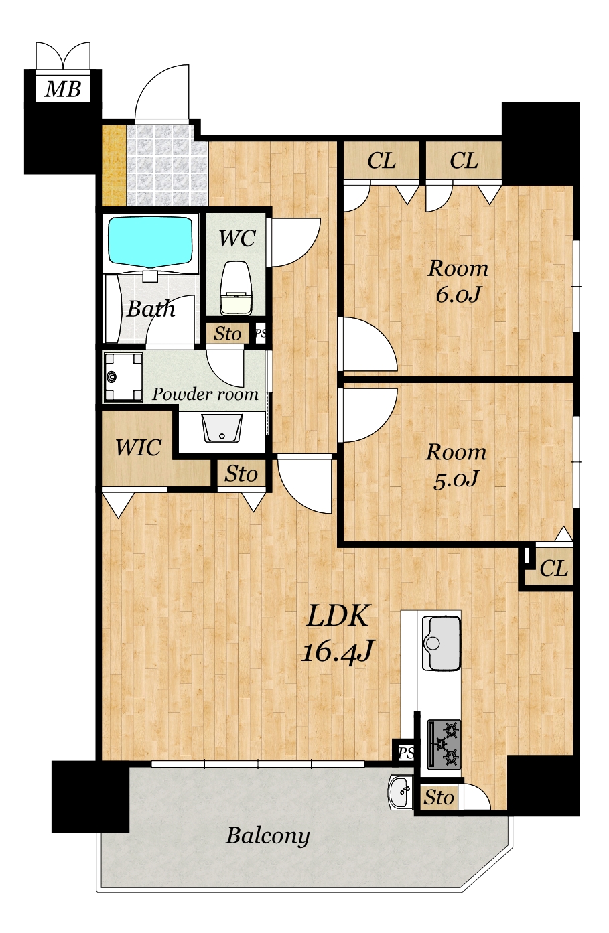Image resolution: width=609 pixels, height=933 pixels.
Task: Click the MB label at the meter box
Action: [x=62, y=89]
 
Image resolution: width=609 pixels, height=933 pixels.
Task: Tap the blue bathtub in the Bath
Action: [x=150, y=240]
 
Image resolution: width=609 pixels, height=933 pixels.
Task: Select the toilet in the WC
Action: [x=236, y=287]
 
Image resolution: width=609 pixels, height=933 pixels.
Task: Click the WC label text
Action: [x=237, y=238]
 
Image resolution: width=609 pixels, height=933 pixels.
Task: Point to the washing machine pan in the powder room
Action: [x=123, y=377]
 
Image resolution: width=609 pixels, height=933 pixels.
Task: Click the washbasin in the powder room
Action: [x=222, y=428]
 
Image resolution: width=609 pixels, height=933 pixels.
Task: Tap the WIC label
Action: [x=138, y=447]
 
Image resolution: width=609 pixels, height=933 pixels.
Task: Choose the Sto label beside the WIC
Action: [x=241, y=474]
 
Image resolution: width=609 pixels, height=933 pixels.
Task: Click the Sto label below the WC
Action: [x=227, y=334]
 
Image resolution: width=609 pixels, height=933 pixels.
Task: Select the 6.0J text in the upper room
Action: [x=458, y=295]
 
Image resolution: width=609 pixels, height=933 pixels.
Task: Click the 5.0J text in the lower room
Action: [x=456, y=479]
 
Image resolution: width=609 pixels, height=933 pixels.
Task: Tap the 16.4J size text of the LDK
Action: [x=336, y=651]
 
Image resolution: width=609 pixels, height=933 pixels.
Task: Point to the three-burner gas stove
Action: [x=444, y=744]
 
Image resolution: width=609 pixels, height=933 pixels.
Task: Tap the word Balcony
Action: [x=268, y=835]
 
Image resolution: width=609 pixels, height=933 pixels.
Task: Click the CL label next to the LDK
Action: [x=553, y=568]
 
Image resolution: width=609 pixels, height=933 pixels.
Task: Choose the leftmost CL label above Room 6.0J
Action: [x=381, y=160]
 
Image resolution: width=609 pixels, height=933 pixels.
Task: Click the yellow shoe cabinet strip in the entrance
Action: [x=114, y=165]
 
